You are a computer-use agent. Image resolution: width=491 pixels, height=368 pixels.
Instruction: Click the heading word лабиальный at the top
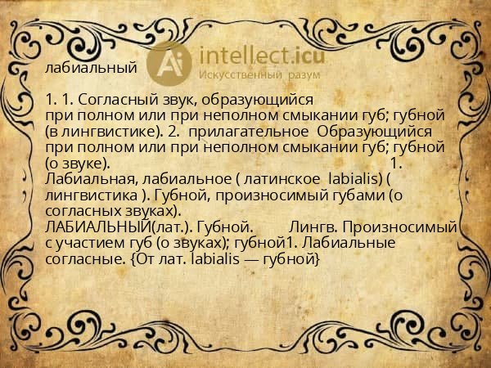pyautogui.click(x=91, y=68)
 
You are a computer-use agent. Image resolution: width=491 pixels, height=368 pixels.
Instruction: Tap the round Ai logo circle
pyautogui.click(x=169, y=64)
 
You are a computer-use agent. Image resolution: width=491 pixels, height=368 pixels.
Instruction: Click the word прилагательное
pyautogui.click(x=248, y=132)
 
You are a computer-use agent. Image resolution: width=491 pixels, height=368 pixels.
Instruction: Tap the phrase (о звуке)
pyautogui.click(x=78, y=164)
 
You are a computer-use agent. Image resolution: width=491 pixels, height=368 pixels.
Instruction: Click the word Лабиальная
pyautogui.click(x=92, y=179)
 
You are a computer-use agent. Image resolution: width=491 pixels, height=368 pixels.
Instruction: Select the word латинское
pyautogui.click(x=282, y=179)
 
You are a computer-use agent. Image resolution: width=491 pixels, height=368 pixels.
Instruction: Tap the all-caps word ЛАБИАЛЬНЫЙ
pyautogui.click(x=98, y=227)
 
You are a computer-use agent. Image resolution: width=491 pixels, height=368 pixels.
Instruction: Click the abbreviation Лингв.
pyautogui.click(x=313, y=227)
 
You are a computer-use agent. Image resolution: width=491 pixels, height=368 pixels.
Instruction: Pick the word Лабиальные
pyautogui.click(x=348, y=243)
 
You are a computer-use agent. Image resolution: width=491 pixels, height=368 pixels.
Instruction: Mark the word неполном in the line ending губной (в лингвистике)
pyautogui.click(x=241, y=116)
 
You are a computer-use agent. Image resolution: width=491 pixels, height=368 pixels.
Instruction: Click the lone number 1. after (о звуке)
pyautogui.click(x=397, y=164)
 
